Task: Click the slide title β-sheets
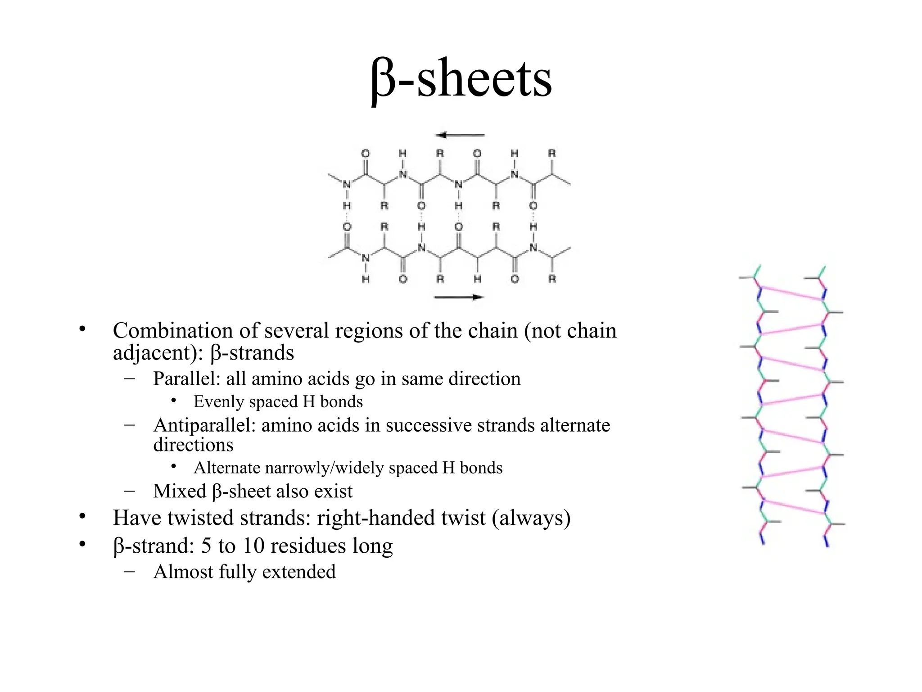(461, 79)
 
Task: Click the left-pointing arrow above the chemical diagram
(460, 135)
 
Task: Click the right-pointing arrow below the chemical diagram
(458, 297)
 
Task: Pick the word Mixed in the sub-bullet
(180, 492)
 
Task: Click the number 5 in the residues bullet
(206, 546)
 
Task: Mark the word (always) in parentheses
(531, 518)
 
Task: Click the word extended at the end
(299, 572)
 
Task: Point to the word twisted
(200, 518)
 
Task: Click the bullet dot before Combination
(82, 329)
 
